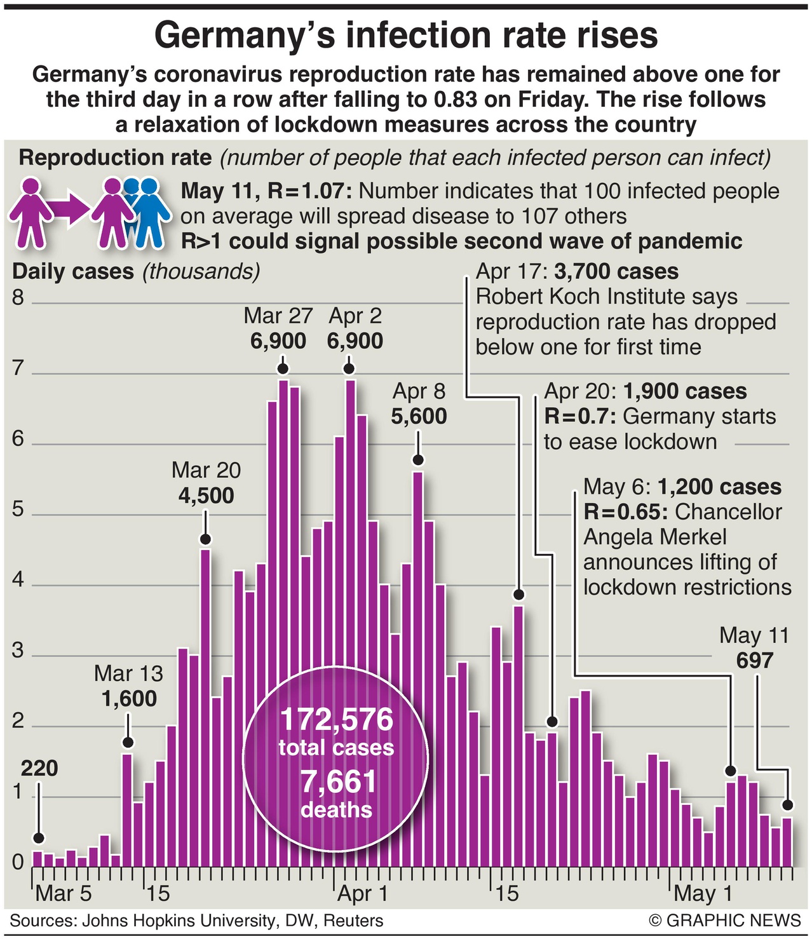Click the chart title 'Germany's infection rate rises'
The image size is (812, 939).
click(406, 35)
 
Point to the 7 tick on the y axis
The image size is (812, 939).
click(18, 368)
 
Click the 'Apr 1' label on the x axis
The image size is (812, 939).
click(362, 893)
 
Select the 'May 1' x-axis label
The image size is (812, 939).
click(703, 893)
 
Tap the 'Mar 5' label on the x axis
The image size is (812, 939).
click(64, 893)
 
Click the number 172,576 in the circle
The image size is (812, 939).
click(336, 720)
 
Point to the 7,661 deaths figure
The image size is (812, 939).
click(338, 781)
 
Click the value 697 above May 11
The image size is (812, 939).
click(754, 661)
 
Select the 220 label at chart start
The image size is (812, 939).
click(39, 768)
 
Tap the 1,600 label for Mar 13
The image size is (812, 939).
click(129, 699)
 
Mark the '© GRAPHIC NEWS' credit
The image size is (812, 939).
click(725, 921)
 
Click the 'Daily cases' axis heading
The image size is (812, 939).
click(73, 272)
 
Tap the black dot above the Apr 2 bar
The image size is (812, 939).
click(349, 369)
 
